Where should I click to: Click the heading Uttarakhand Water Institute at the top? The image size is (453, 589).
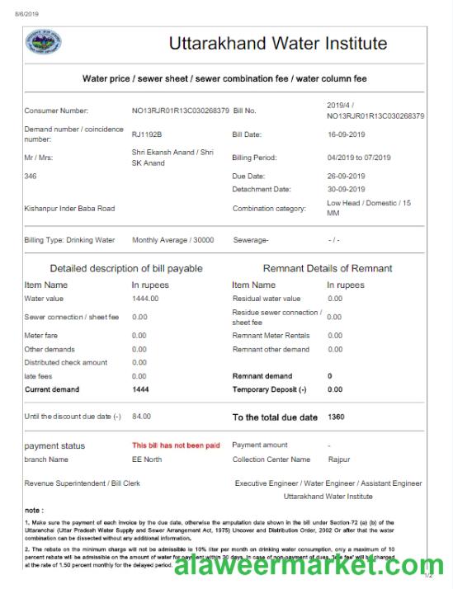tap(277, 44)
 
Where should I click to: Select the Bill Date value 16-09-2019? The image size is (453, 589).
tap(347, 134)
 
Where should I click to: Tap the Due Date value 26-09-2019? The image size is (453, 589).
tap(347, 177)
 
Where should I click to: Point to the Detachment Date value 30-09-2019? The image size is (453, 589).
tap(347, 191)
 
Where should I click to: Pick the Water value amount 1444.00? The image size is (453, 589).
tap(145, 299)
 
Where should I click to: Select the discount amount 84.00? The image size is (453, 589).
tap(141, 417)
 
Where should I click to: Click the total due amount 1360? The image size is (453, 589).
tap(336, 417)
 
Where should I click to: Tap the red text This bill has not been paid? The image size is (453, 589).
tap(176, 445)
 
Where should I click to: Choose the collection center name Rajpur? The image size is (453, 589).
tap(338, 459)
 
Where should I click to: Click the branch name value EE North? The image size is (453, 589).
tap(147, 459)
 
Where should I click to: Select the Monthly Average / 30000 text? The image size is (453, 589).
tap(172, 240)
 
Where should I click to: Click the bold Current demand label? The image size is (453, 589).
tap(54, 389)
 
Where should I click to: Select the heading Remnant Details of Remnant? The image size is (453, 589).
tap(327, 268)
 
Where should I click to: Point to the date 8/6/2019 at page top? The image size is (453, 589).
tap(27, 14)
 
